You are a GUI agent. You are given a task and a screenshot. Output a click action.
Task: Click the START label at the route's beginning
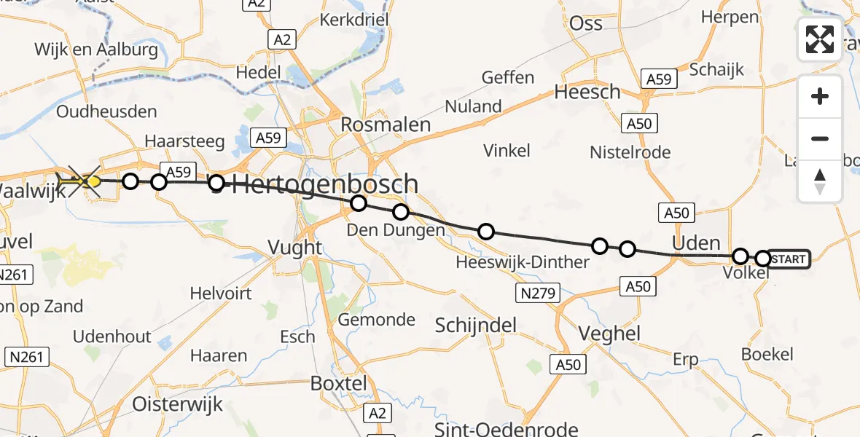[788, 259]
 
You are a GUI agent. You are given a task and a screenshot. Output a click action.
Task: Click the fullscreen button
[820, 39]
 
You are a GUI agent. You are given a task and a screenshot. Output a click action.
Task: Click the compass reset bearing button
[820, 181]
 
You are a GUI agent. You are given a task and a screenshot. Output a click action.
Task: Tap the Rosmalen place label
[387, 125]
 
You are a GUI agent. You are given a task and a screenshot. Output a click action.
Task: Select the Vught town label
[294, 248]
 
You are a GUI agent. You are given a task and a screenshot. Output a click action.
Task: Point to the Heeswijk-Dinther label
[522, 262]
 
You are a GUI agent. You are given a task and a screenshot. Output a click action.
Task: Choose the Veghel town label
[609, 334]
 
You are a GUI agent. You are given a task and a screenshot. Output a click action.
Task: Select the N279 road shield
[539, 294]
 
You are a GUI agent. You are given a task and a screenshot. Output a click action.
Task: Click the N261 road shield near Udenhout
[27, 357]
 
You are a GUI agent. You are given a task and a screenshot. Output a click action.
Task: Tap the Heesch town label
[587, 92]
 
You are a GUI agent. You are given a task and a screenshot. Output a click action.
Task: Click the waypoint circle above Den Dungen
[401, 212]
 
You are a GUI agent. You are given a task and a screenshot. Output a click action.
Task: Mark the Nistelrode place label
[630, 152]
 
